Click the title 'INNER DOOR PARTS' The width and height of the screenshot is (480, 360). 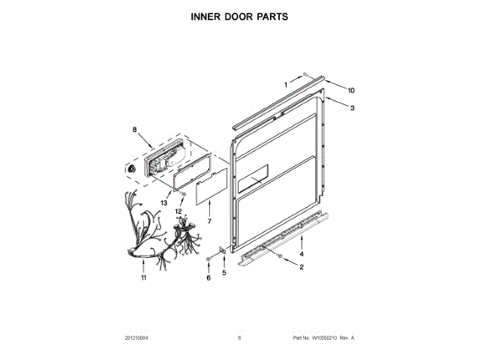240,15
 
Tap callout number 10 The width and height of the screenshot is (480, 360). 350,90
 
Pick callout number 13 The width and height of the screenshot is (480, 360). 163,202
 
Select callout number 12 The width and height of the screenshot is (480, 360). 178,211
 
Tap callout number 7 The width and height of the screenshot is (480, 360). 209,222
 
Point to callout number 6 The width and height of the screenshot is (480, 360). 208,278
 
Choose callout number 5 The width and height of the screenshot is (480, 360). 223,273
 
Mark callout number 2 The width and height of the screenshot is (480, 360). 301,267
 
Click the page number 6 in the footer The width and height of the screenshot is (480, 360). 239,338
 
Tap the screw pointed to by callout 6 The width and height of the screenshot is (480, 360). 208,259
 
